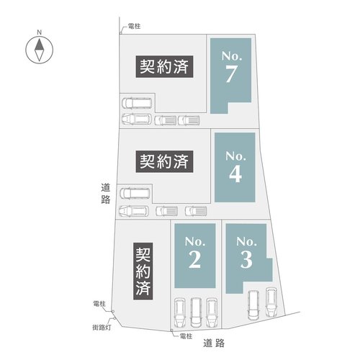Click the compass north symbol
click(39, 50)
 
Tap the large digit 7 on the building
click(230, 73)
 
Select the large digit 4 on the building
click(235, 174)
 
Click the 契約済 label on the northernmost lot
click(163, 68)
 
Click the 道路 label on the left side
click(105, 193)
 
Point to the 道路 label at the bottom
click(215, 342)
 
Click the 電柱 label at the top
click(133, 27)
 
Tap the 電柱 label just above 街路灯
click(99, 304)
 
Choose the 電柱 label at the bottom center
click(185, 336)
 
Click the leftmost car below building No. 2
click(179, 311)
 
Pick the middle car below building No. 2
click(195, 312)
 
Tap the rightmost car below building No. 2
click(212, 311)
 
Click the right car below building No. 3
click(271, 301)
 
